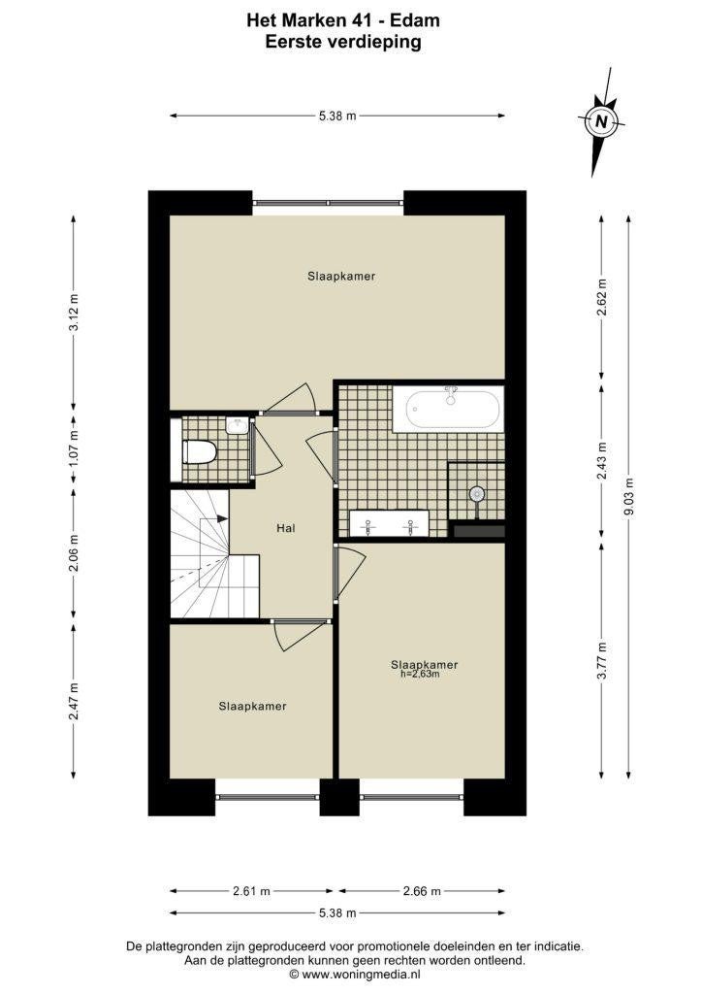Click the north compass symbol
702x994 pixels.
click(601, 122)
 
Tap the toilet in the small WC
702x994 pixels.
click(200, 452)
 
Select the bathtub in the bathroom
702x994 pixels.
click(448, 410)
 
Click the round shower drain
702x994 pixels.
click(476, 494)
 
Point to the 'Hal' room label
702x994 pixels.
click(285, 529)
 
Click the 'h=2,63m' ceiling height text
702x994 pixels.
click(420, 674)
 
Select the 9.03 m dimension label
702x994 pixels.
click(629, 496)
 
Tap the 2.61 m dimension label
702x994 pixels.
click(251, 891)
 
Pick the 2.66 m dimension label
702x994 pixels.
click(421, 891)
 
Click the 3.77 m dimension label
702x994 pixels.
click(602, 660)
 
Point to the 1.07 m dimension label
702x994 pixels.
click(75, 449)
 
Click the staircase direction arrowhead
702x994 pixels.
click(223, 519)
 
